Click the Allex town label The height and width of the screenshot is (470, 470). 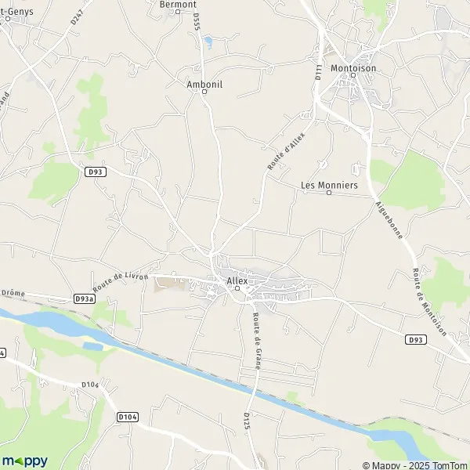237,280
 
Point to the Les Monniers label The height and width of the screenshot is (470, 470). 329,185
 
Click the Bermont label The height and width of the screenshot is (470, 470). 177,4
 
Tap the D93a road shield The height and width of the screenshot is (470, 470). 85,298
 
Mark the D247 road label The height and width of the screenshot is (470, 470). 76,17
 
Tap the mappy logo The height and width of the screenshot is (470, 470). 24,461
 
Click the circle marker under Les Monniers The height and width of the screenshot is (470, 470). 329,193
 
